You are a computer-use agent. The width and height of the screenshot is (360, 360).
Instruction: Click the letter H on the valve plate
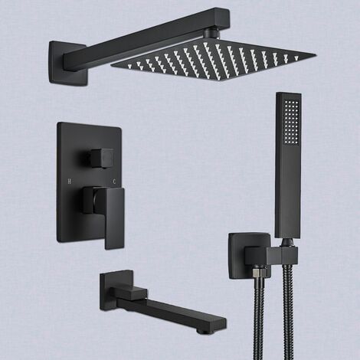tap(69, 182)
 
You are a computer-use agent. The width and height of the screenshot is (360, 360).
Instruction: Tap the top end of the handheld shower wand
tap(288, 96)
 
